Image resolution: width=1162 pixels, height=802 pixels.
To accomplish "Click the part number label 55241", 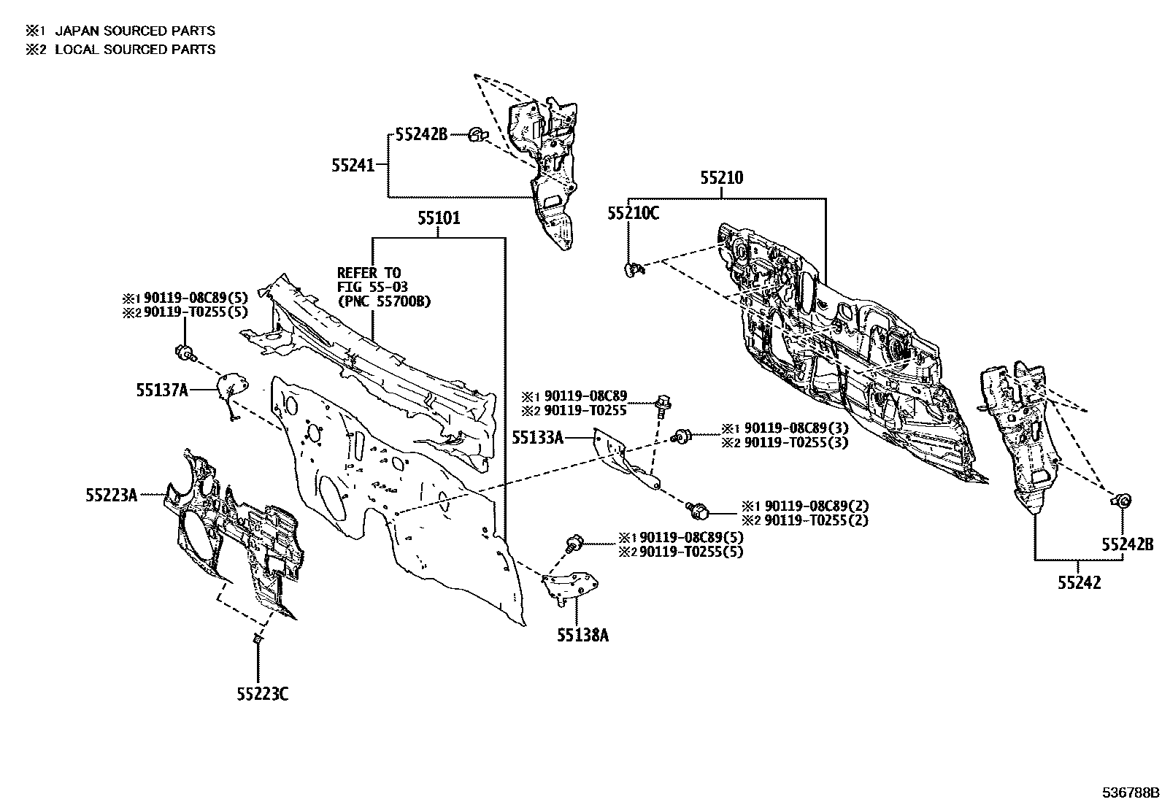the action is pyautogui.click(x=353, y=166).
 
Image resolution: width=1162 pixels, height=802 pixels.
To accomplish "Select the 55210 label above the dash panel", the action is pyautogui.click(x=722, y=178).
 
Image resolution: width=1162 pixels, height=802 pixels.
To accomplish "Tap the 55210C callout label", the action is pyautogui.click(x=633, y=213).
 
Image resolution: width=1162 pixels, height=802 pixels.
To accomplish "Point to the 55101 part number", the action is pyautogui.click(x=439, y=218).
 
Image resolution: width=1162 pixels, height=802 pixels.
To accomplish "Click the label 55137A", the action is pyautogui.click(x=162, y=390).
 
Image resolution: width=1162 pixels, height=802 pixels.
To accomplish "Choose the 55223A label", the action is pyautogui.click(x=111, y=496).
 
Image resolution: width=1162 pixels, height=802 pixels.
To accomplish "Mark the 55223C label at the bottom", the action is pyautogui.click(x=263, y=694).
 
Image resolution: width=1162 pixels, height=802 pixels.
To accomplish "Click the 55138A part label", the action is pyautogui.click(x=582, y=635).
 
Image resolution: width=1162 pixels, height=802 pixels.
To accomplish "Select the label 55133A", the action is pyautogui.click(x=537, y=438).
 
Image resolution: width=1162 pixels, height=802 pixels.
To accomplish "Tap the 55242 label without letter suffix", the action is pyautogui.click(x=1079, y=582).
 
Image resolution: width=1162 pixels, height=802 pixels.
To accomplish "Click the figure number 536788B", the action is pyautogui.click(x=1131, y=793).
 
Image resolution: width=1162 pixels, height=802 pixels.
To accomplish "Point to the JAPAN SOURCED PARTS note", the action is pyautogui.click(x=135, y=31).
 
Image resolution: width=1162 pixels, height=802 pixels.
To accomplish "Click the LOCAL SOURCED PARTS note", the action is pyautogui.click(x=135, y=50).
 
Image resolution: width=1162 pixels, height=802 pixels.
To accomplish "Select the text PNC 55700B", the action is pyautogui.click(x=385, y=301).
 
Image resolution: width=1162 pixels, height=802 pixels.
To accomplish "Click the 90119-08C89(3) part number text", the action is pyautogui.click(x=796, y=428).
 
